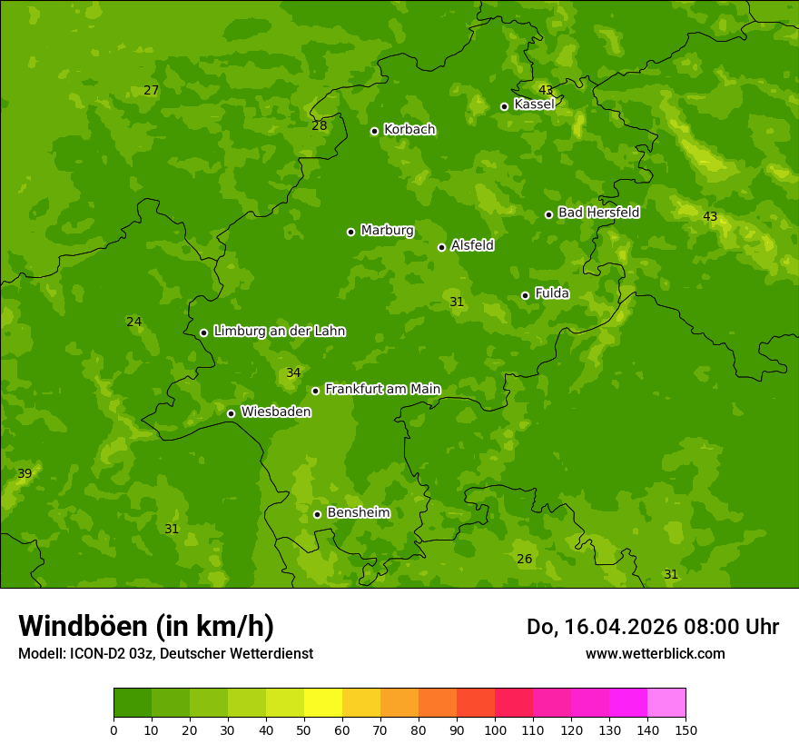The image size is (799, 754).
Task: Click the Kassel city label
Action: click(534, 104)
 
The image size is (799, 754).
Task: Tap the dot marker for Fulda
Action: click(525, 295)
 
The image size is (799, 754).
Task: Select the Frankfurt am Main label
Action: click(382, 389)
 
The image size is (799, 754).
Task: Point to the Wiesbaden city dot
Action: click(231, 413)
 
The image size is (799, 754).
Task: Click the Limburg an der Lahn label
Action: click(279, 331)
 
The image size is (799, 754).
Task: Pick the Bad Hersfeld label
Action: click(598, 213)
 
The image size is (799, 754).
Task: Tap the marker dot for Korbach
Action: click(374, 131)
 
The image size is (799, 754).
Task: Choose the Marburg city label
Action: click(387, 230)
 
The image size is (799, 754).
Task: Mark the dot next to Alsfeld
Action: click(441, 247)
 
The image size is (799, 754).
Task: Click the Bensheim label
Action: click(358, 512)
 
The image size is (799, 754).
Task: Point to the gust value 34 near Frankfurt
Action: click(293, 372)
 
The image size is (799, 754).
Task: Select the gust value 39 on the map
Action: click(25, 473)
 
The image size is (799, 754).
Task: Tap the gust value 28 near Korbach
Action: click(319, 125)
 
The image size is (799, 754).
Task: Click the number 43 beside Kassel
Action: click(545, 90)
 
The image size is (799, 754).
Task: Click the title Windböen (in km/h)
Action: click(146, 626)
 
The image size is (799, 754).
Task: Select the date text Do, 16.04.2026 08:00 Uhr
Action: click(652, 627)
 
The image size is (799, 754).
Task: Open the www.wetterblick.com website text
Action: click(655, 653)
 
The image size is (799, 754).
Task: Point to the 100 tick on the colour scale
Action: click(495, 729)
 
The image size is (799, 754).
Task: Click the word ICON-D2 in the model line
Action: click(96, 653)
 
